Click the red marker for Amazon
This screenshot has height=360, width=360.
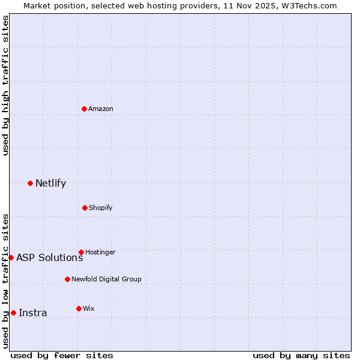coord(85,109)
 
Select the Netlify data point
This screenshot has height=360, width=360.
coord(30,183)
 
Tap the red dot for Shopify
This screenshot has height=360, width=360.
coord(85,208)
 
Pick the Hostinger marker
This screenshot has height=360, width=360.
coord(81,252)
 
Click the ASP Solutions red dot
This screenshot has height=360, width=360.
coord(11,257)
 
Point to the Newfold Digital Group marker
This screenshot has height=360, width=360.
coord(67,279)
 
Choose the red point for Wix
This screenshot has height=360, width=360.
coord(79,308)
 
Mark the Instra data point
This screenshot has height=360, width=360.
coord(13,313)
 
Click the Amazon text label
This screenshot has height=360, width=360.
coord(101,109)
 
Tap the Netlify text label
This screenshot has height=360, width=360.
coord(50,183)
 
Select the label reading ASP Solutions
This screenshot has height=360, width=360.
coord(49,257)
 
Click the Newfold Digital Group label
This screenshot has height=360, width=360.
coord(106,279)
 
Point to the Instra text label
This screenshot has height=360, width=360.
coord(32,313)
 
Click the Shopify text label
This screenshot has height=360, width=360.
coord(101,208)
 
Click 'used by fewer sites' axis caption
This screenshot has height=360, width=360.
coord(62,355)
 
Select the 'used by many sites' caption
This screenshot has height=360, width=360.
coord(301,355)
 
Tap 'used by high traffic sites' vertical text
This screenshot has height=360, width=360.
coord(5,85)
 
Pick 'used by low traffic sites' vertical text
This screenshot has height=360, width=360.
coord(5,281)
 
